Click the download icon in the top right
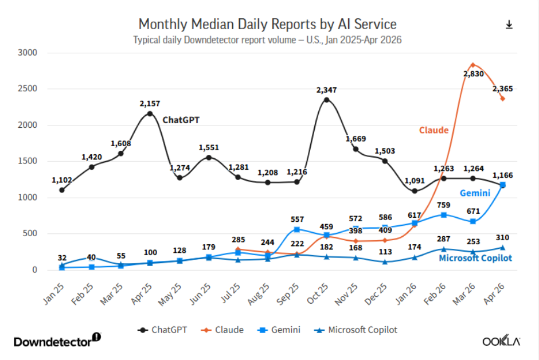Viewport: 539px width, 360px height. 509,25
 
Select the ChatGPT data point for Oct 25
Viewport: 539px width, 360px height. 327,100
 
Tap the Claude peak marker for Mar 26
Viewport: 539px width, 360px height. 473,65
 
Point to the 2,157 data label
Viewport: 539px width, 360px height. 150,103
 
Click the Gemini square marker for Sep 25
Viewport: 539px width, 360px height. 297,229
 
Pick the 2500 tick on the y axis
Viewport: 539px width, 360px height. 28,89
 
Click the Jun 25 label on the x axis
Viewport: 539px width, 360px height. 200,294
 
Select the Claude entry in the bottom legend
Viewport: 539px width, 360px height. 222,330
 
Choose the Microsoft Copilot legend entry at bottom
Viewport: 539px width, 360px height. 356,330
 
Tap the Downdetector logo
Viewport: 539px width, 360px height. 57,340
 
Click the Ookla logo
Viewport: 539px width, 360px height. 501,341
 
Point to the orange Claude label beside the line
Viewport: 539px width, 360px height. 434,130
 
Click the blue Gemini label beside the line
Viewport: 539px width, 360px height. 475,193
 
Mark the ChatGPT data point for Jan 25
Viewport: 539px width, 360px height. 62,190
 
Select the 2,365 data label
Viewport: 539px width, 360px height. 502,89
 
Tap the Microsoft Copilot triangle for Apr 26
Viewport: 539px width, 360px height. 502,247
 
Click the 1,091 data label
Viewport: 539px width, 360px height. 415,181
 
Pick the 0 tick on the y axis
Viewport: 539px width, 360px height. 35,270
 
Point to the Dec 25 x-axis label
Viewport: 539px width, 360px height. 376,294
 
